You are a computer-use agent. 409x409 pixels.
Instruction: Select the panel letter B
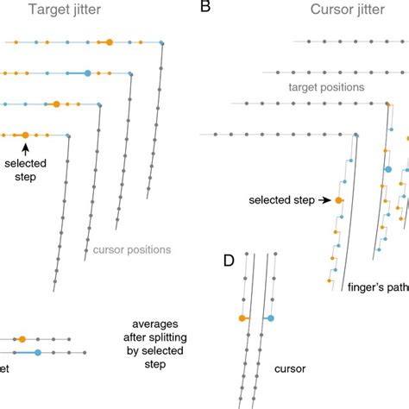205,8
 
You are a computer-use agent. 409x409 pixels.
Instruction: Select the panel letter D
230,261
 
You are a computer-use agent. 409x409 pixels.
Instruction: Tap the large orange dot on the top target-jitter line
109,41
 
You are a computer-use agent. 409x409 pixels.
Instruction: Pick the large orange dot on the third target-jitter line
56,104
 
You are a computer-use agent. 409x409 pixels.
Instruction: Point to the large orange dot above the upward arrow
25,135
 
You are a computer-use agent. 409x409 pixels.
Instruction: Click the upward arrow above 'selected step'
25,149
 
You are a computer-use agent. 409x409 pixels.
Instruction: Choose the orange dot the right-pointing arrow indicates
338,200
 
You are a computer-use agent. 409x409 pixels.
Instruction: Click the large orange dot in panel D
242,319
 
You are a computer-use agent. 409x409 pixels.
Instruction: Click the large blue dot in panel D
269,319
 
